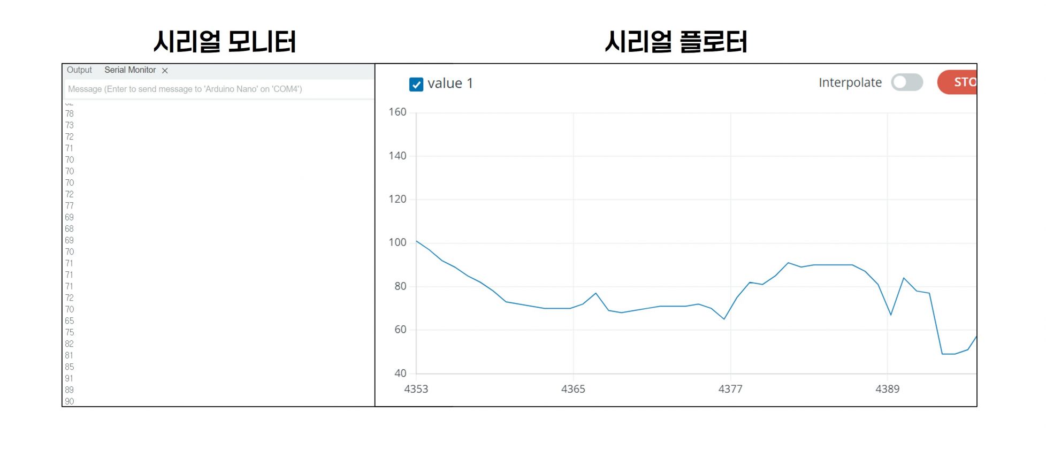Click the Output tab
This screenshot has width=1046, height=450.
coord(79,70)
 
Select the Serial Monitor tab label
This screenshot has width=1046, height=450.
coord(130,70)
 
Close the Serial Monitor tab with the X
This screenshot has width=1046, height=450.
coord(165,71)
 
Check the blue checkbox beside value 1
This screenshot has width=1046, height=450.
coord(416,84)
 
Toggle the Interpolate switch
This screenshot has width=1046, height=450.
coord(907,82)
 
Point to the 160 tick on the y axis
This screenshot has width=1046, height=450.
coord(398,112)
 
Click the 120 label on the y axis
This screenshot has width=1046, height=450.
coord(398,199)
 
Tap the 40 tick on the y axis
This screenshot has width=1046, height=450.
coord(400,373)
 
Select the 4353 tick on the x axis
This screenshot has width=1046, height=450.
coord(416,389)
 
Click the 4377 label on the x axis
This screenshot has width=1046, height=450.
coord(730,389)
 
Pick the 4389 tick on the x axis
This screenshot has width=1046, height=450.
coord(887,389)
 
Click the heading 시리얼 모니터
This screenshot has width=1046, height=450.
coord(224,42)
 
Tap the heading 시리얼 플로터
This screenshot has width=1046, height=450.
coord(676,42)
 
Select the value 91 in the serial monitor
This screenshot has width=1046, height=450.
coord(69,378)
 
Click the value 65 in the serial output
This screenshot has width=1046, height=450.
coord(70,321)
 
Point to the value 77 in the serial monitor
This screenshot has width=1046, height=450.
coord(70,206)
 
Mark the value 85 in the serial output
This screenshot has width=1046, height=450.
coord(70,367)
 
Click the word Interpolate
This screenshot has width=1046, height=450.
coord(850,82)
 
